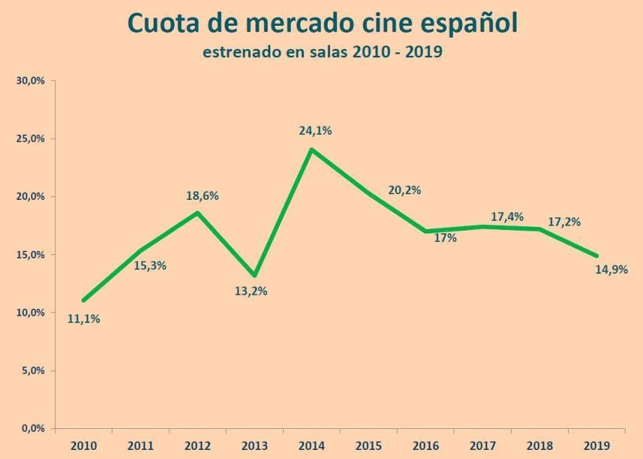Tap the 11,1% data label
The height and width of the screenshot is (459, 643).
pos(84,319)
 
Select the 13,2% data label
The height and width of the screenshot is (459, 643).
pos(251,291)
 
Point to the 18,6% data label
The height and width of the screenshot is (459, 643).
pos(201,196)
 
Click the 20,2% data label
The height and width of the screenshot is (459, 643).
pos(404,190)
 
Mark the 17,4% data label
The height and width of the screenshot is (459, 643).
pos(507,217)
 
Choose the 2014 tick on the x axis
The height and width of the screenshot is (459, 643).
pos(310,445)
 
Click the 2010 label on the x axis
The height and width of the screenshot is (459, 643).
pos(83,445)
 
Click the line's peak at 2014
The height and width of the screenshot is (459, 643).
pos(311,149)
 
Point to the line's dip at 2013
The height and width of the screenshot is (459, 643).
pos(254,275)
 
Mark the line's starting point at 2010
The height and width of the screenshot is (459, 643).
pos(84,300)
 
